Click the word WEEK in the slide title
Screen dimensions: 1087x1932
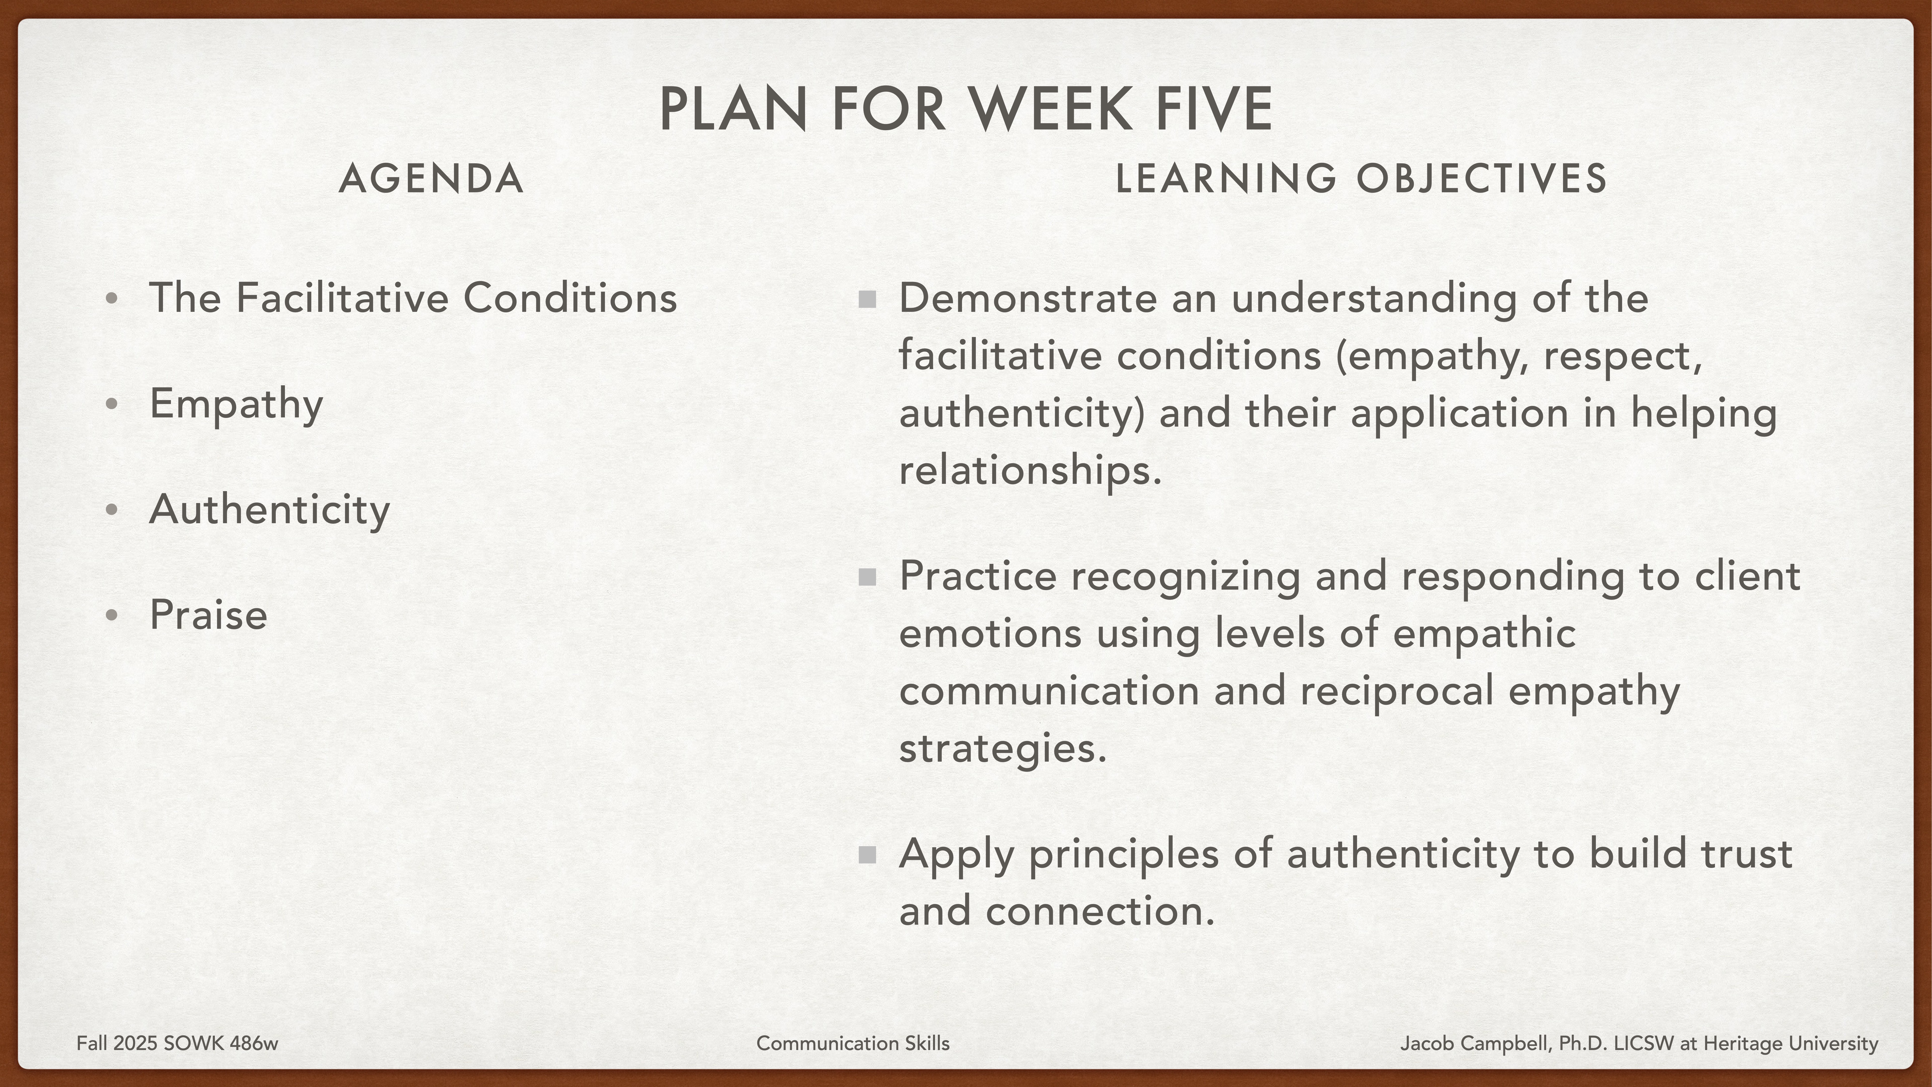coord(1050,109)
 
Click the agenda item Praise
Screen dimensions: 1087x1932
coord(208,615)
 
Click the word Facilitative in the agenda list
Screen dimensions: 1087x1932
coord(341,298)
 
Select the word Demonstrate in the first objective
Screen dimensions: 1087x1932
coord(1027,298)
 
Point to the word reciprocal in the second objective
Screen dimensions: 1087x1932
coord(1396,691)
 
